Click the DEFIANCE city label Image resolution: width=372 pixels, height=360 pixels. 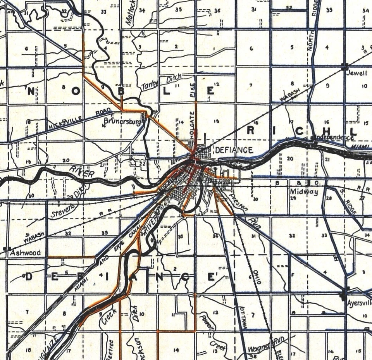(x=234, y=150)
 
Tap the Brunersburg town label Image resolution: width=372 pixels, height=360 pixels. (x=122, y=121)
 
